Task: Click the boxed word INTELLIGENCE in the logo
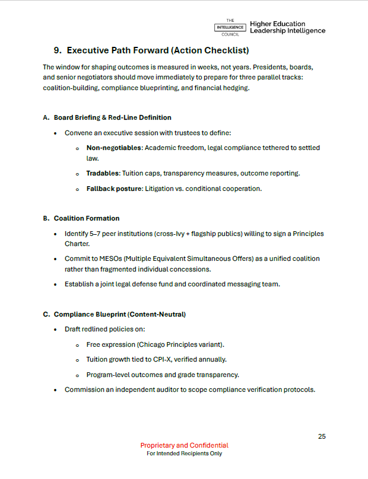pyautogui.click(x=230, y=27)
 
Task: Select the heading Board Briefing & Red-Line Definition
pyautogui.click(x=112, y=117)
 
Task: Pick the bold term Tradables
pyautogui.click(x=103, y=173)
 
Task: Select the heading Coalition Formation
pyautogui.click(x=87, y=218)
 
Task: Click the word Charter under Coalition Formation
pyautogui.click(x=77, y=243)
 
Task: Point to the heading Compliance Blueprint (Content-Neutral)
pyautogui.click(x=119, y=314)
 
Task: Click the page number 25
pyautogui.click(x=322, y=436)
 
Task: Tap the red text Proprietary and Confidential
pyautogui.click(x=184, y=445)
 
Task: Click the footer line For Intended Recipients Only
pyautogui.click(x=184, y=454)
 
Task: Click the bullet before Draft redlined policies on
pyautogui.click(x=56, y=330)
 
